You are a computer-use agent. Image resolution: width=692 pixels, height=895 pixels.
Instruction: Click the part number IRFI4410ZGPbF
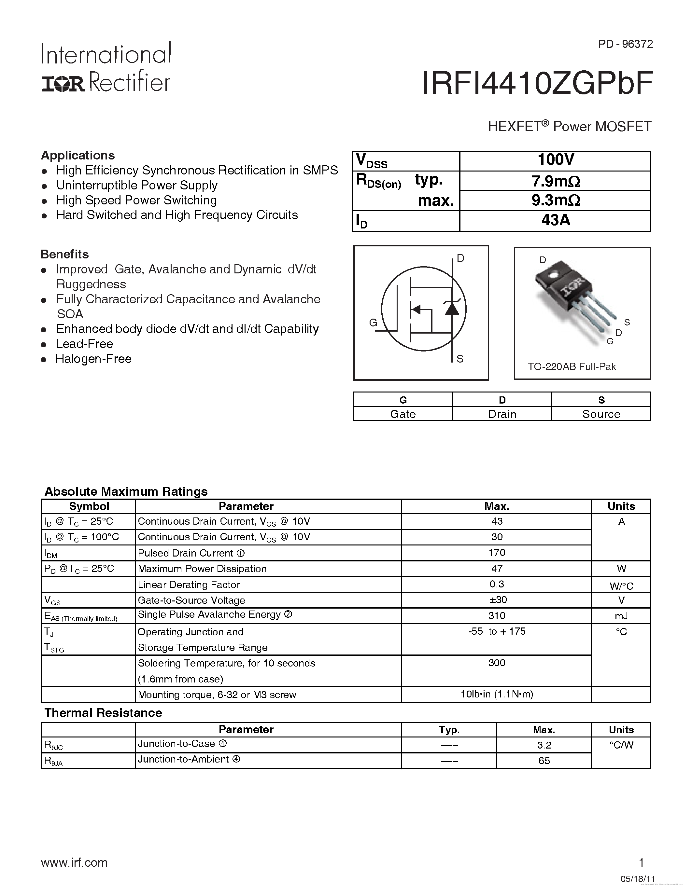537,84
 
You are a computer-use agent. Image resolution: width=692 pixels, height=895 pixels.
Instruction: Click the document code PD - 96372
625,44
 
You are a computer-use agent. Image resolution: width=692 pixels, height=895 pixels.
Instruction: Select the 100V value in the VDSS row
556,160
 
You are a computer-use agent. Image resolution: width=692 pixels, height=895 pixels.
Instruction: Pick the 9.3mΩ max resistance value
556,200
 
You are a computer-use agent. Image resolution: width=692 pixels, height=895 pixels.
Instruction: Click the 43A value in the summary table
556,220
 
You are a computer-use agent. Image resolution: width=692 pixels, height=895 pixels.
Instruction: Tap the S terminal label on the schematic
460,359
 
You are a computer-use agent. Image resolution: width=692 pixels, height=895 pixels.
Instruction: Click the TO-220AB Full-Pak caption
572,367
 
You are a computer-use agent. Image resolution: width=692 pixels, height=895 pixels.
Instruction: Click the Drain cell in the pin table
502,414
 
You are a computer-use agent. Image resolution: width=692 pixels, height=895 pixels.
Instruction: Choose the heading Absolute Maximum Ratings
126,491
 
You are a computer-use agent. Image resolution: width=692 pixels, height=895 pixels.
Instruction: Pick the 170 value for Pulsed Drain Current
497,552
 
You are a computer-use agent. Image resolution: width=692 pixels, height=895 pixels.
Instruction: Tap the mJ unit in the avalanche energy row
621,616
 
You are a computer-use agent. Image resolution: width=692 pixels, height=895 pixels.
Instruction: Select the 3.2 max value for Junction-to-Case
544,745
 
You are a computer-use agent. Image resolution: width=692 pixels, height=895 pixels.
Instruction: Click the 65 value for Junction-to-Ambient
544,761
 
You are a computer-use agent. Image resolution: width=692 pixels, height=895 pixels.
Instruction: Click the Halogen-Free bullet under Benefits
93,359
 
